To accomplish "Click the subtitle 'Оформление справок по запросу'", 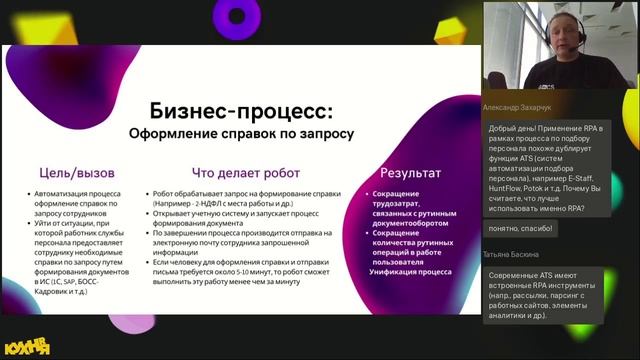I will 241,133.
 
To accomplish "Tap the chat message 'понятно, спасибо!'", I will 519,229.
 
